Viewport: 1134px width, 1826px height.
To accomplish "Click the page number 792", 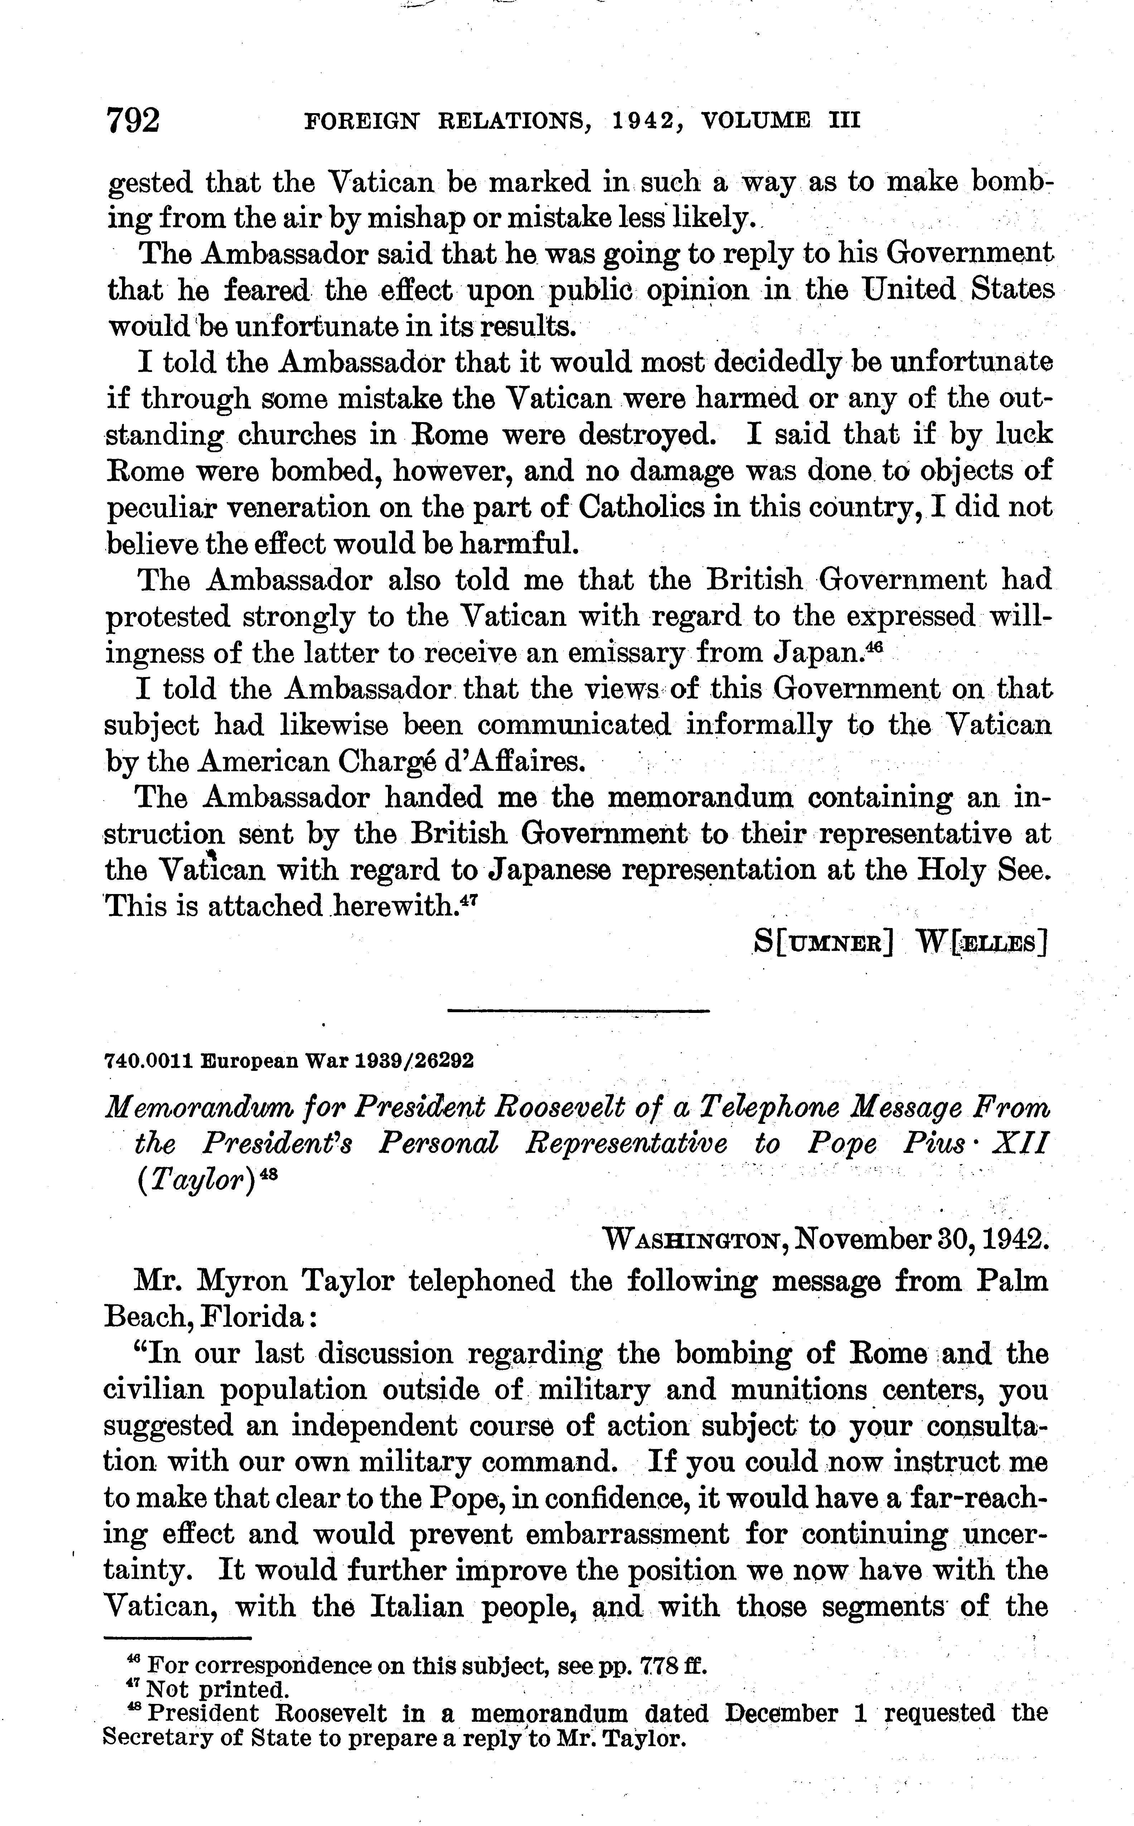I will click(x=134, y=120).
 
